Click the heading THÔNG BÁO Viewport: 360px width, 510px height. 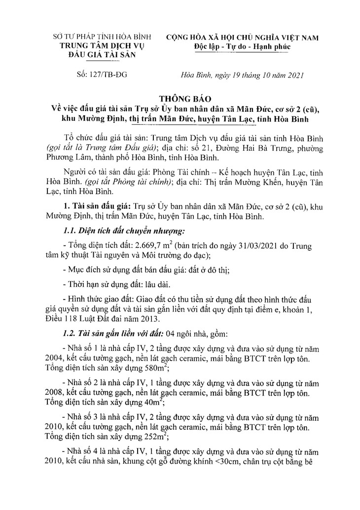pyautogui.click(x=180, y=98)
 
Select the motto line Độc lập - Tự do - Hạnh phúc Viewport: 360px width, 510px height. pyautogui.click(x=242, y=46)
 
